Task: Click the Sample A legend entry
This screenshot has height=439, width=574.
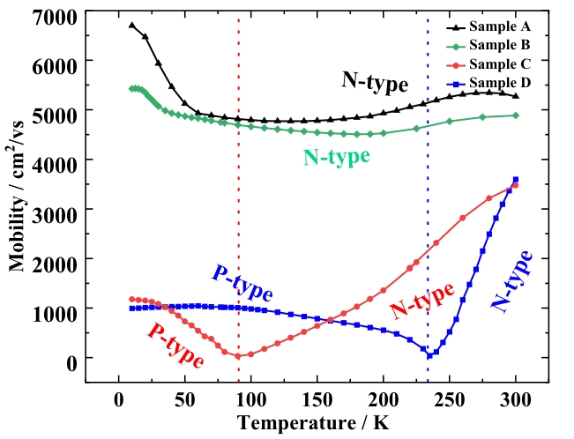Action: [x=498, y=26]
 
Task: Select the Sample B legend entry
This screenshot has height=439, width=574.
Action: [x=498, y=45]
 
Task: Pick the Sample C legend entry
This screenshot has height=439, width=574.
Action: [x=498, y=64]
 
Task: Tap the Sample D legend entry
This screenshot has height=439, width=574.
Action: [x=498, y=84]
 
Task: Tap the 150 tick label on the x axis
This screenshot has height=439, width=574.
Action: [x=317, y=398]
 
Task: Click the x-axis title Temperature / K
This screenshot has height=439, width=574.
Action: [x=312, y=422]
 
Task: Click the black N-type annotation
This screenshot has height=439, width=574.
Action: [x=375, y=83]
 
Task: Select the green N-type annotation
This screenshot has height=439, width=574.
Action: [x=336, y=158]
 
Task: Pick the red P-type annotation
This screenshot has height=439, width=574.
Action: [x=175, y=345]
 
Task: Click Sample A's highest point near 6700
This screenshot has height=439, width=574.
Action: [x=132, y=25]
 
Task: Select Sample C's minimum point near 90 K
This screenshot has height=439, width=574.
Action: [x=238, y=356]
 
